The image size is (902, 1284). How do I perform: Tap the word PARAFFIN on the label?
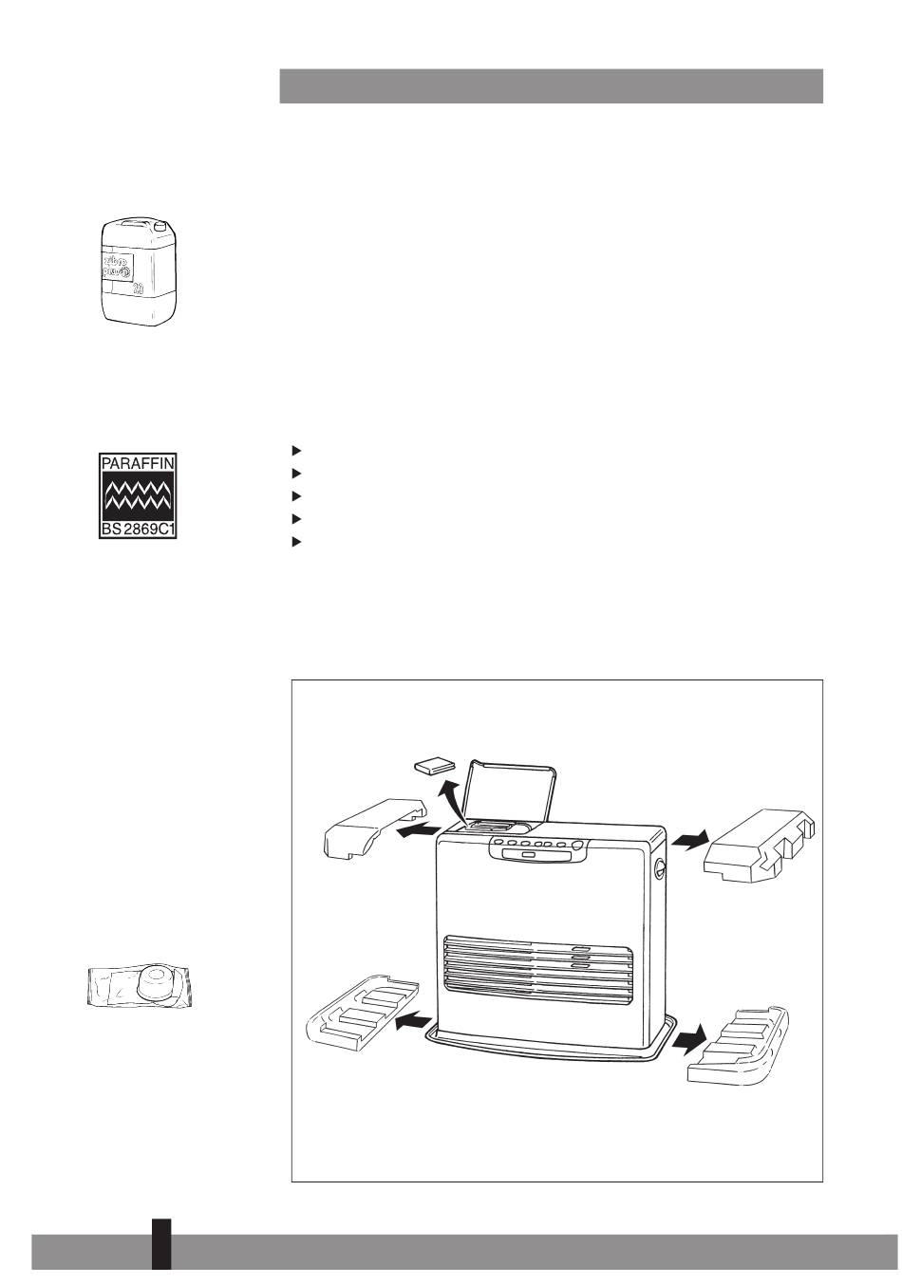[139, 465]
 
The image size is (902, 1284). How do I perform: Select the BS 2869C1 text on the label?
[139, 529]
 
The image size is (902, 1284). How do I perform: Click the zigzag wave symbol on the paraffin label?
[139, 496]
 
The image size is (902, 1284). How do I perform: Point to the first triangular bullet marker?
[296, 449]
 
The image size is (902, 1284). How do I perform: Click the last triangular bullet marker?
[296, 542]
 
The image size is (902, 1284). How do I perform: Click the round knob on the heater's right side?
[659, 865]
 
